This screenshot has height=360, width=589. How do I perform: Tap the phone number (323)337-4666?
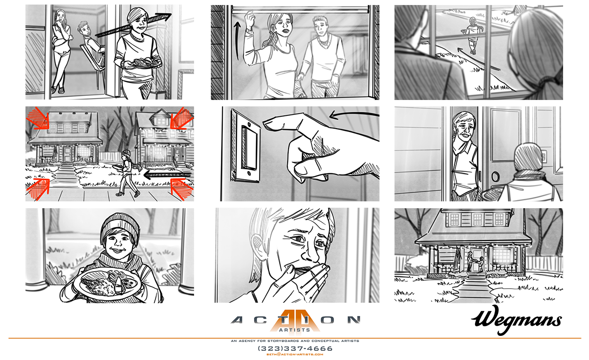295,349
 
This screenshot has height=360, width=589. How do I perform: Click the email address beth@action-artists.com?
295,355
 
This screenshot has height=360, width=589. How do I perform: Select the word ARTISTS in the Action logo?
294,330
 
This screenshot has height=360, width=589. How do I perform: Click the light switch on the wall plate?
249,149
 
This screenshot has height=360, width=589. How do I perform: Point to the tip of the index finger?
264,123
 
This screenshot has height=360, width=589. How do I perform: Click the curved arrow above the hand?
354,115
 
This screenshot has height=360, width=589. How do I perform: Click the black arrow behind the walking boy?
168,175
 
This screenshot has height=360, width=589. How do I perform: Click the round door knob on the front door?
495,176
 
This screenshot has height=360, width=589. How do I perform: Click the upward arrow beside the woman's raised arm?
237,40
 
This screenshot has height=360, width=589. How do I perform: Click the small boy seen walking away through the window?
472,35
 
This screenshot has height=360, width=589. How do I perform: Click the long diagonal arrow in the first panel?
133,25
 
